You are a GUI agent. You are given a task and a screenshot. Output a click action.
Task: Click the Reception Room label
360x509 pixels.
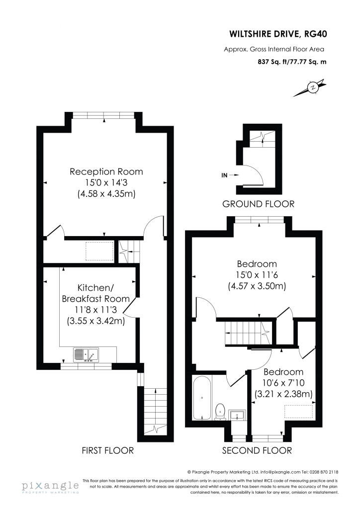point(106,171)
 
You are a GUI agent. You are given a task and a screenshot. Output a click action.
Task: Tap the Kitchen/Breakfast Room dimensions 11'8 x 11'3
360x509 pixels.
point(96,310)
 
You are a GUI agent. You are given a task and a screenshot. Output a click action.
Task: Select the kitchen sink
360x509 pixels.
point(86,354)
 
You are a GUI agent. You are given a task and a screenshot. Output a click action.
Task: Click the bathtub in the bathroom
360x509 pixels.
point(202,398)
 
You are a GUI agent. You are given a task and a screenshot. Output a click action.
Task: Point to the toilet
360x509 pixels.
point(221,412)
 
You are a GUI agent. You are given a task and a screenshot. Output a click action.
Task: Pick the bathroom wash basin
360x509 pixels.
point(238,415)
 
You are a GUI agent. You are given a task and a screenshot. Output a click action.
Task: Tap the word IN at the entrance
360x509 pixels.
point(224,175)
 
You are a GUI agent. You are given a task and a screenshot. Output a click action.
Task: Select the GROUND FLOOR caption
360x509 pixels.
point(259,204)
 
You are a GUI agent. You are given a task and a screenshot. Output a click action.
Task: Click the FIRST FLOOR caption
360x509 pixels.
point(107,450)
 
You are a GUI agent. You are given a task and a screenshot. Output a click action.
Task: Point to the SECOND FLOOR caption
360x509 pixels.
point(257,450)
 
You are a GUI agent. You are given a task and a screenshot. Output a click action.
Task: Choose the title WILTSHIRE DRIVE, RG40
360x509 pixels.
point(278,34)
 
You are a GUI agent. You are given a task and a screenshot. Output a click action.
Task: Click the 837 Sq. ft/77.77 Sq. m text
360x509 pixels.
point(292,61)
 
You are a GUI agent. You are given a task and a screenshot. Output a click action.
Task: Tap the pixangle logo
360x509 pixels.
point(50,487)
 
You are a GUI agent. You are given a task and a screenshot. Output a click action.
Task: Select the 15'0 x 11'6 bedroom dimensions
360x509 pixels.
point(257,275)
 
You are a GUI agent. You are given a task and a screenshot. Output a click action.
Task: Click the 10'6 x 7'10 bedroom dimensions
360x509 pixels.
point(284,383)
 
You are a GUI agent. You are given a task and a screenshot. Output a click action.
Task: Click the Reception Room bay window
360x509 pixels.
point(104,115)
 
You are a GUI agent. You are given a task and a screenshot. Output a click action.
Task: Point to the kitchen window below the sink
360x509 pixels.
point(87,366)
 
